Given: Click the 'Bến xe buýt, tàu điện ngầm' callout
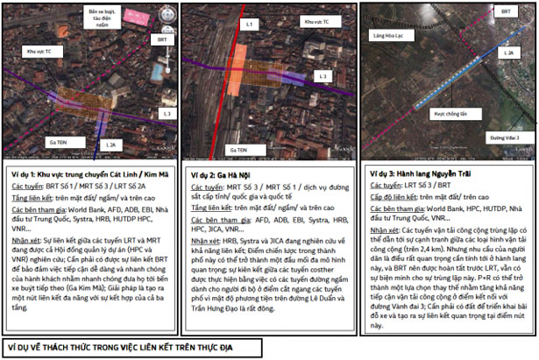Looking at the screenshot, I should pos(104,14).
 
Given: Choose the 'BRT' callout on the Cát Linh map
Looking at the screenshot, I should pos(162,40).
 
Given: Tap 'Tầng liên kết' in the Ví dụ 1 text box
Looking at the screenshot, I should pos(32,199).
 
